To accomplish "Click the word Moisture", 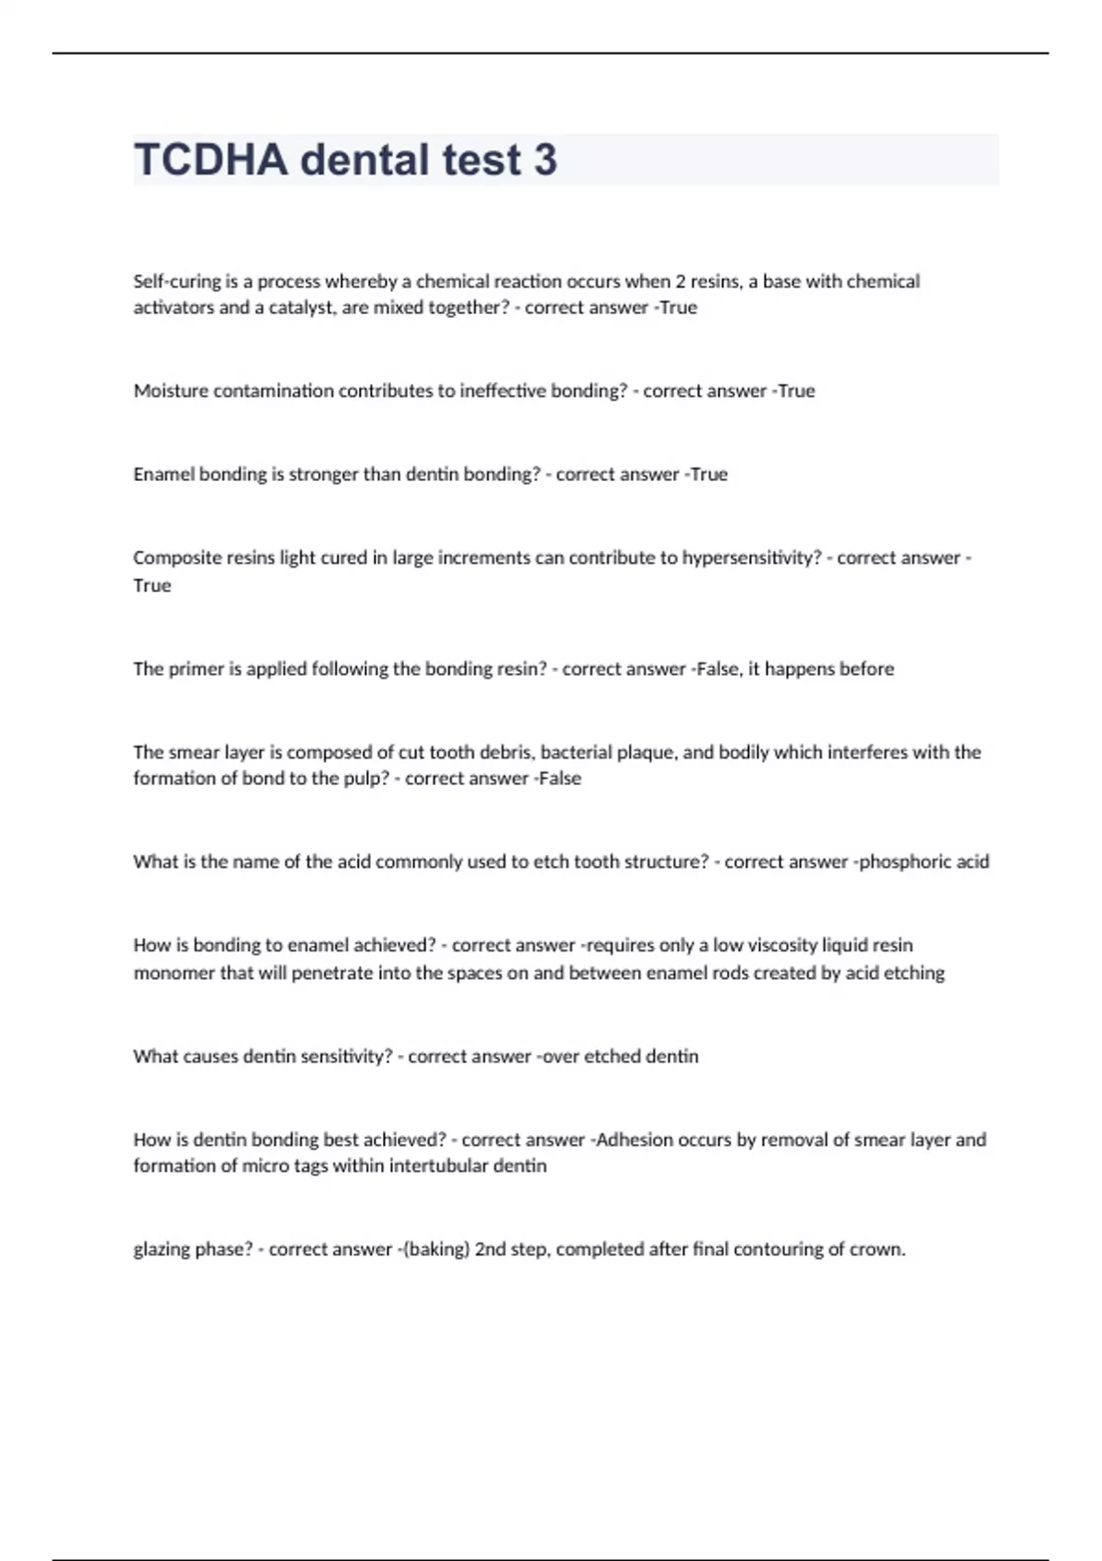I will [171, 391].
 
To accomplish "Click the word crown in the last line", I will [879, 1250].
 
